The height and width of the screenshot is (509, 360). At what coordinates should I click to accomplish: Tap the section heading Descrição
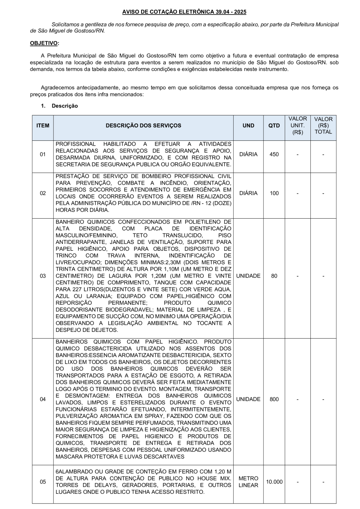64,106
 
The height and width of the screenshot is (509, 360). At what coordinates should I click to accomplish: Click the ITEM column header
43,126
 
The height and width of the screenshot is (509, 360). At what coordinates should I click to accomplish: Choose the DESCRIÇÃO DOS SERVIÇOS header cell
143,126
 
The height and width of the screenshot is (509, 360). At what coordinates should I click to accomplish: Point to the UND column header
248,126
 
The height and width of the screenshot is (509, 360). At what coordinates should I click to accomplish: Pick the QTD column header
274,126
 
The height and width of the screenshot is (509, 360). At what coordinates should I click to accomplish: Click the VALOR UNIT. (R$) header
298,126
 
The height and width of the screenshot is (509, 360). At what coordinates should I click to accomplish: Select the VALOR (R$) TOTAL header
323,126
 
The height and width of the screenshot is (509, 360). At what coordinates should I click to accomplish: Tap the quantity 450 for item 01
274,154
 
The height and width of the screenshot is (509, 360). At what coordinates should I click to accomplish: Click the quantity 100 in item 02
274,193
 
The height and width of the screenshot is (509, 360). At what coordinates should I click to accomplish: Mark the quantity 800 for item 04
274,399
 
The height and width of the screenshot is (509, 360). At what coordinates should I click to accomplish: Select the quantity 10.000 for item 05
274,482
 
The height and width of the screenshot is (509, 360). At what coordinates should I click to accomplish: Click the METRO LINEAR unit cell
248,482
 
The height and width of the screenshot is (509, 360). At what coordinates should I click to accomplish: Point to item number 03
43,276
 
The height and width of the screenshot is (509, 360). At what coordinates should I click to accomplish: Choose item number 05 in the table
43,482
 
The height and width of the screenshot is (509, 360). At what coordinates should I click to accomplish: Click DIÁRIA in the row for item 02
248,193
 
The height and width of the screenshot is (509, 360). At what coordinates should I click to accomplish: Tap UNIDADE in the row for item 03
248,276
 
